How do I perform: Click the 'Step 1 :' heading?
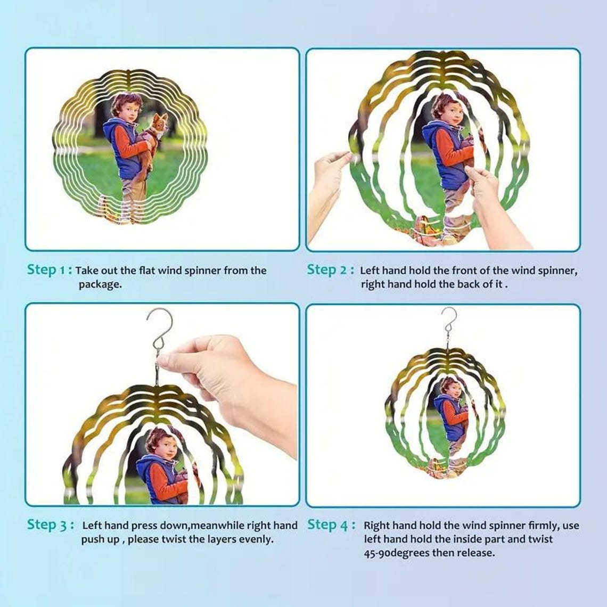pos(49,270)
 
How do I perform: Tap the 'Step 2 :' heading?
pos(330,270)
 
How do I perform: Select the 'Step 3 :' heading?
pos(51,526)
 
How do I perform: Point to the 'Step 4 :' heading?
pos(331,526)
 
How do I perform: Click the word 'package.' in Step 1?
pos(100,284)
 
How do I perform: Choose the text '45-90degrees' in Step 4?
pos(396,553)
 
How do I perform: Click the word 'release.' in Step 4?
pos(475,552)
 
